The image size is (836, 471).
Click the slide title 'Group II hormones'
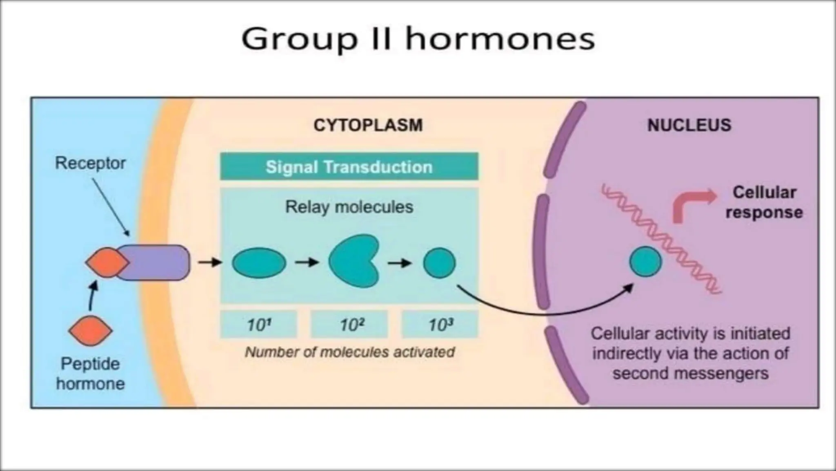point(418,39)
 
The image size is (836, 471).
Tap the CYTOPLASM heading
point(368,125)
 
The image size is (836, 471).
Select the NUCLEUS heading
point(689,125)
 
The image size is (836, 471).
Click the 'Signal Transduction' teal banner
point(349,167)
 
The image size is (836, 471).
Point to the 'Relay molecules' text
point(349,207)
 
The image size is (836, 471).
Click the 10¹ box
point(258,325)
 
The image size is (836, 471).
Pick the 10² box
point(349,325)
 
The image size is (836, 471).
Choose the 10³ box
point(440,325)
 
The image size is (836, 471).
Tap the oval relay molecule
point(259,263)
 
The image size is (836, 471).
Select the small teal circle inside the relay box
point(439,263)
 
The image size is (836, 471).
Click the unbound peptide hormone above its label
point(90,331)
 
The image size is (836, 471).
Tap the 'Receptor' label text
point(90,163)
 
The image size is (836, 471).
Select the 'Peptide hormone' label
point(90,374)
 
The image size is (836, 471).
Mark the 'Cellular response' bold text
point(764,202)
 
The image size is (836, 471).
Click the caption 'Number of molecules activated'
point(349,352)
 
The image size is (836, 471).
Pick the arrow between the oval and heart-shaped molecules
point(307,262)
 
